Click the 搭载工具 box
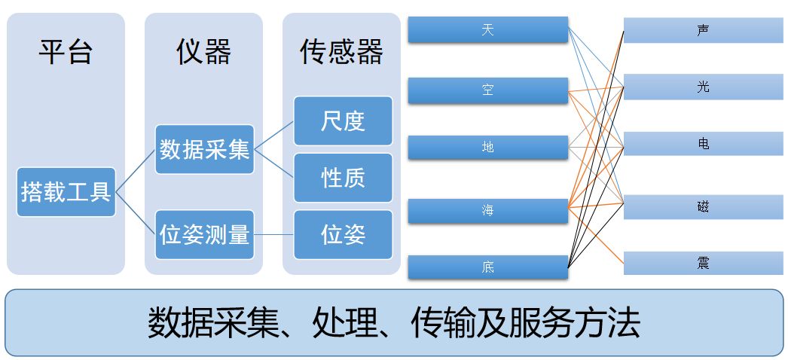66,192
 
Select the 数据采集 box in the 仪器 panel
204,149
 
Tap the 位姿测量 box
204,235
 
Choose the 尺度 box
343,121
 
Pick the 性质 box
343,178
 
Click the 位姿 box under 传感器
343,234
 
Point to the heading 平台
66,52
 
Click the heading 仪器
203,52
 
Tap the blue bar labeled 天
487,30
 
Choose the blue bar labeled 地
487,148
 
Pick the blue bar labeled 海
487,211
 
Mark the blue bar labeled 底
487,267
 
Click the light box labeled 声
703,31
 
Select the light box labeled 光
703,87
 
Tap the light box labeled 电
703,143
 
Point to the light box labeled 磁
703,206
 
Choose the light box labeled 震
703,263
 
